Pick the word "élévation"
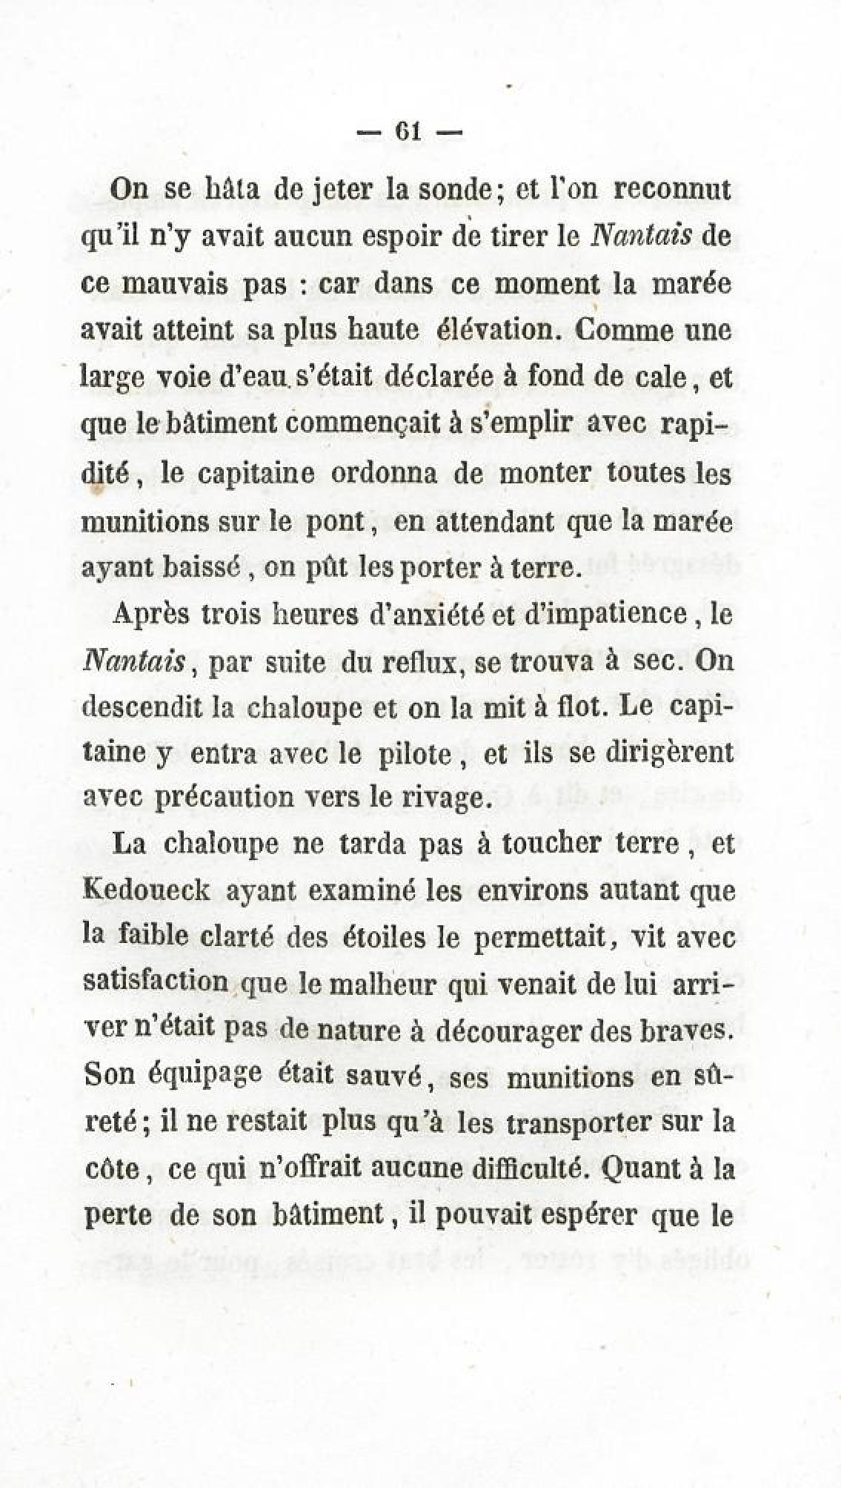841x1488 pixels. pos(496,329)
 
